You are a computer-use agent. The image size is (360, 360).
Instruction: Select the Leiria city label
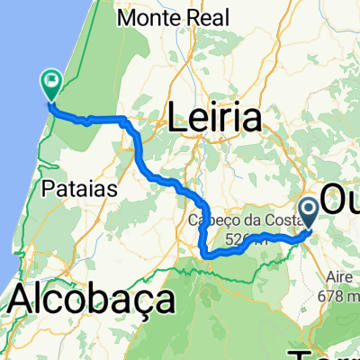click(x=214, y=118)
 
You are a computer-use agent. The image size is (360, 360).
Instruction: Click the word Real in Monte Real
click(x=209, y=17)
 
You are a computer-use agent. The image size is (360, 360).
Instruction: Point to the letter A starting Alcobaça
click(x=24, y=300)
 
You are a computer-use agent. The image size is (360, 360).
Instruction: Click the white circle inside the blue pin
click(x=309, y=208)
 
